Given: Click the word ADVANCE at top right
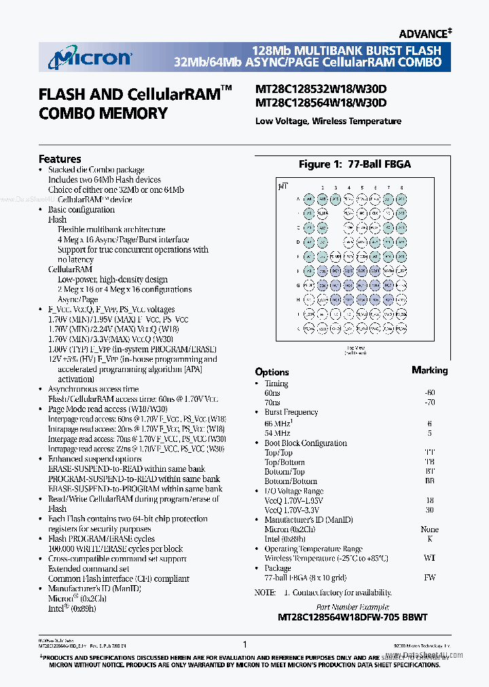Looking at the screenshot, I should tap(422, 33).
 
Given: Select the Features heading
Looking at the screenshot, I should tap(60, 159).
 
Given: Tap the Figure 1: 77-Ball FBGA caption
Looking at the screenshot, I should tap(355, 164).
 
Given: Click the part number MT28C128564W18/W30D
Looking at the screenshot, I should tap(321, 103).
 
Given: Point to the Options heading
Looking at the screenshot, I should tap(272, 372).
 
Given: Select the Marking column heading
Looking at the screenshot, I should tap(429, 370).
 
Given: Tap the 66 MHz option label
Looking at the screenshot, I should tap(278, 423).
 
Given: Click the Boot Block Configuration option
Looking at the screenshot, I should tap(305, 443).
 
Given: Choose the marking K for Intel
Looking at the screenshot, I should tap(429, 539).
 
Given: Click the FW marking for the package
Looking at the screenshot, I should tap(429, 578).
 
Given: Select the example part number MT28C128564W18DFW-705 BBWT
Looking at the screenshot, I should tap(352, 618).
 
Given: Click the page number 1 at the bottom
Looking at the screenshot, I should tap(244, 644).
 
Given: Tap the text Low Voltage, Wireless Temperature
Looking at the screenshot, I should tap(328, 122).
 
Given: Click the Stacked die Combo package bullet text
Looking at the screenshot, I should tap(96, 170).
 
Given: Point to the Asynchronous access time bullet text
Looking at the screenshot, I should tap(93, 389).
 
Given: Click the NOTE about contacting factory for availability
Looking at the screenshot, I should tap(323, 593).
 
